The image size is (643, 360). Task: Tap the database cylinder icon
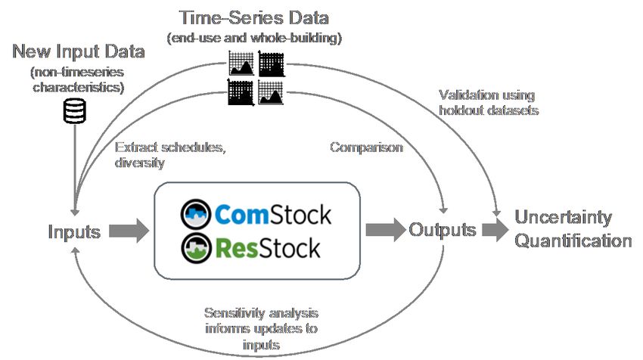[x=74, y=112]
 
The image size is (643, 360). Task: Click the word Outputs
[x=443, y=230]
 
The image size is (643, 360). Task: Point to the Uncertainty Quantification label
[x=573, y=229]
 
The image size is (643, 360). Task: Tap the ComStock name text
[x=272, y=216]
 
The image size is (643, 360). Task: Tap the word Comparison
[x=366, y=147]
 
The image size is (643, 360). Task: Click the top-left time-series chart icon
[x=241, y=64]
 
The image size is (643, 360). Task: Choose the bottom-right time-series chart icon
[x=272, y=93]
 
